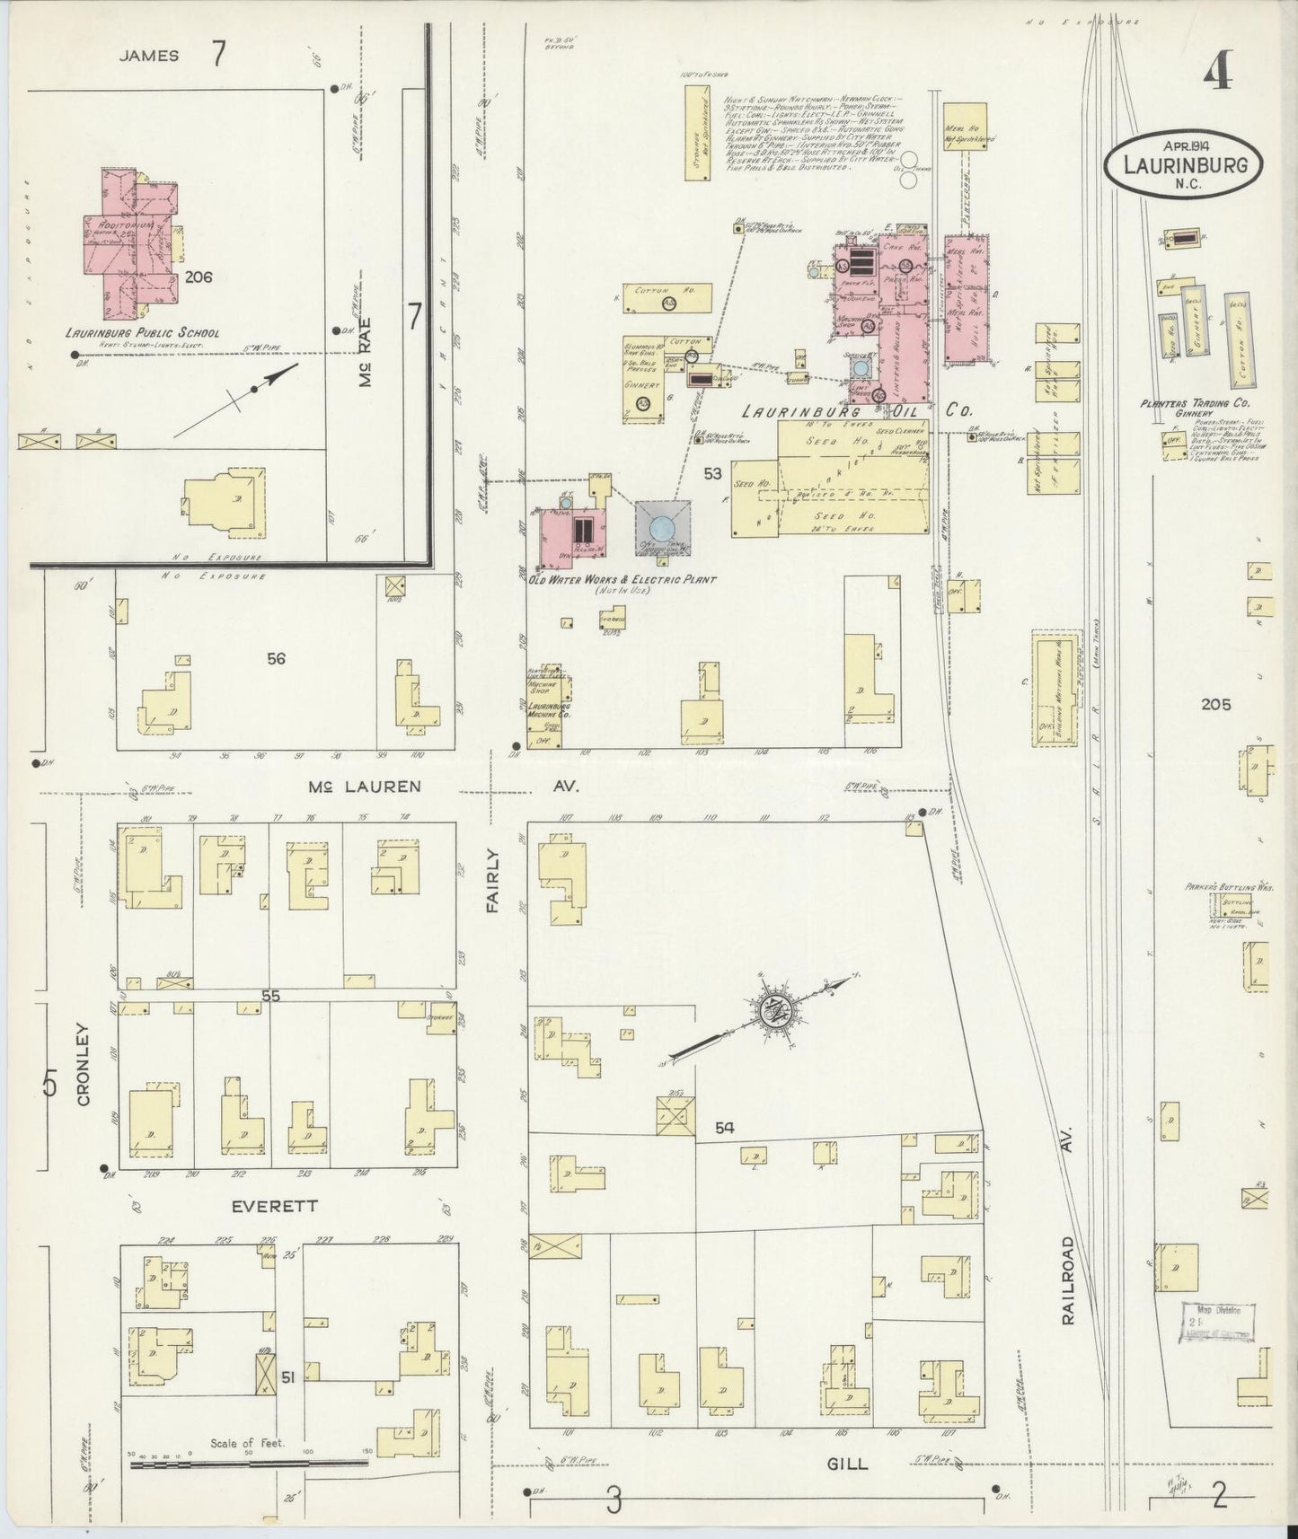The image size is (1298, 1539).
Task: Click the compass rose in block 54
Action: tap(771, 1011)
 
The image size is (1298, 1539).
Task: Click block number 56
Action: tap(276, 658)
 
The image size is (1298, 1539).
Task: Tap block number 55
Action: tap(271, 995)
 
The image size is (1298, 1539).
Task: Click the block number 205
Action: tap(1216, 705)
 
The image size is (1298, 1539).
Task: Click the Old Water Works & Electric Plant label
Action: tap(623, 581)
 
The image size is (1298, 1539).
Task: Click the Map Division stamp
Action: tap(1218, 1324)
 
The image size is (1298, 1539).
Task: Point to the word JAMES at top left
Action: tap(149, 56)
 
